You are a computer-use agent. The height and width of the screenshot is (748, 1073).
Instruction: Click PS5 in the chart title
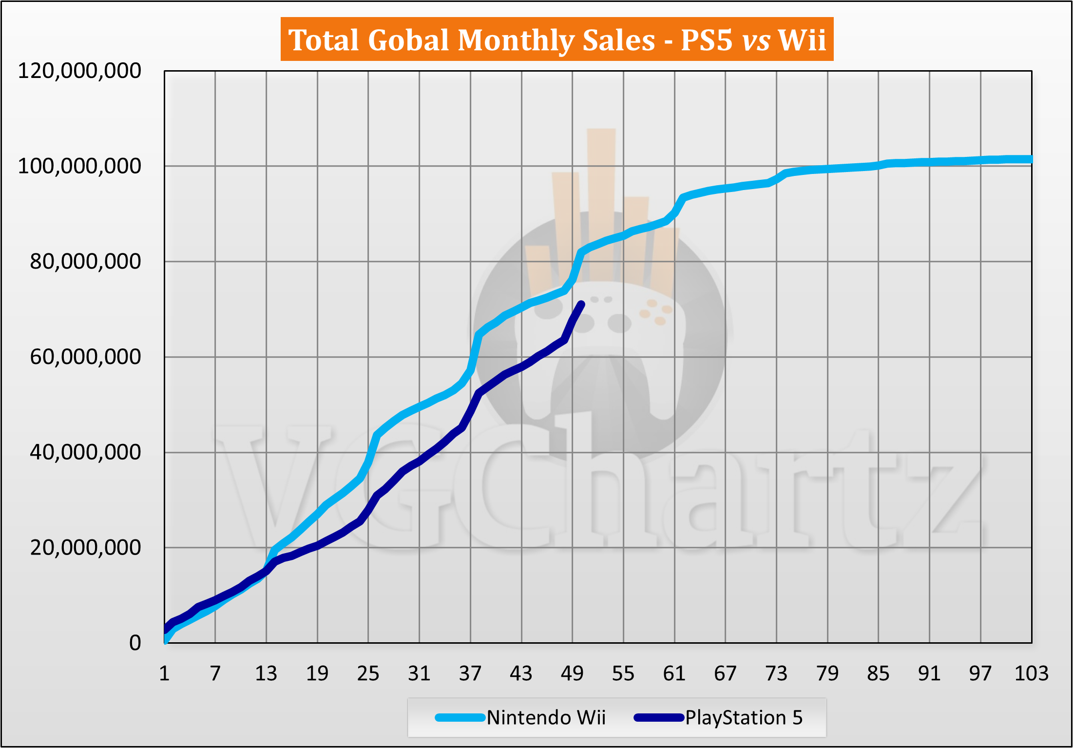click(x=707, y=40)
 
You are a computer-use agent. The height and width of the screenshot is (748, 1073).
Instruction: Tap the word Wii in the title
click(x=802, y=40)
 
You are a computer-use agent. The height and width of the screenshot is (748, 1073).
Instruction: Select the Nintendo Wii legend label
click(x=546, y=718)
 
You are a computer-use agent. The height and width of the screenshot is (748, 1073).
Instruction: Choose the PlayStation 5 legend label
click(x=744, y=718)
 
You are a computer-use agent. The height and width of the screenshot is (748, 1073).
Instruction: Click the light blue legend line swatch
click(x=460, y=718)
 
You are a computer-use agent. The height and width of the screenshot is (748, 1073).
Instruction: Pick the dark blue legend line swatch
click(x=659, y=718)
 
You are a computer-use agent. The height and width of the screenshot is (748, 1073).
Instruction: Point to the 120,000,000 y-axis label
click(x=79, y=71)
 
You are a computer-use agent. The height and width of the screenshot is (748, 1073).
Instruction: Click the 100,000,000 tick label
click(x=79, y=166)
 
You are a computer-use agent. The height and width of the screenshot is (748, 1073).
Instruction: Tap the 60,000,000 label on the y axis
click(x=85, y=357)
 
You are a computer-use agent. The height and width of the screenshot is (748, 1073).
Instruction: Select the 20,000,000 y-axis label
click(x=85, y=548)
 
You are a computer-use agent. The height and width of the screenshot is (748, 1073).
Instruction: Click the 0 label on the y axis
click(x=135, y=643)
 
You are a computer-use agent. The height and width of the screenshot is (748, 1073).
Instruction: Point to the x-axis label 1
click(x=164, y=674)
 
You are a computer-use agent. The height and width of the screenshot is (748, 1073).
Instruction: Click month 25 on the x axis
click(x=368, y=674)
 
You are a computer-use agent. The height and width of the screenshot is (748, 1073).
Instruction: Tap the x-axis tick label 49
click(x=572, y=674)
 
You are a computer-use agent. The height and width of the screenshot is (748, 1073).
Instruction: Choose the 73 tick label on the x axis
click(x=776, y=674)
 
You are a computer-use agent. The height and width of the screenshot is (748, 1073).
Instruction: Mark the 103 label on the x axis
click(x=1031, y=674)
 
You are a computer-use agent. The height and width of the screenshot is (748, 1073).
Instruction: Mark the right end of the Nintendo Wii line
click(x=1030, y=159)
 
